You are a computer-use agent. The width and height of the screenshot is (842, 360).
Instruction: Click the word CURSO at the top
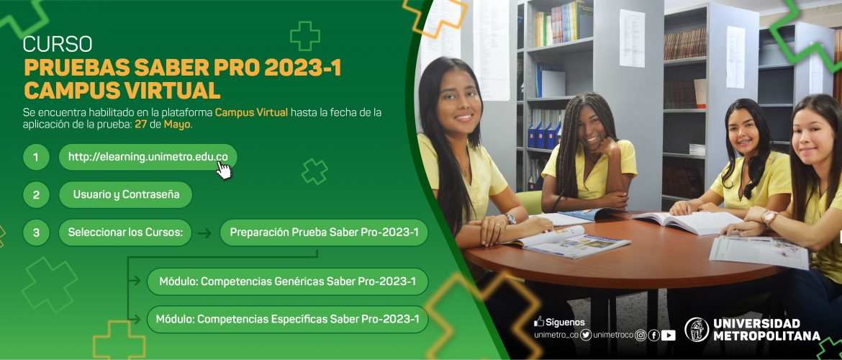point(58,44)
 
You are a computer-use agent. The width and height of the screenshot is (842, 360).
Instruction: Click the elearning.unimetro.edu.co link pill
point(148,157)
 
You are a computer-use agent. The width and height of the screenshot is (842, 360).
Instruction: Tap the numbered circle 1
point(36,158)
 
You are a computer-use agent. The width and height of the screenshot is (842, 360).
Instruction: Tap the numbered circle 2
point(36,195)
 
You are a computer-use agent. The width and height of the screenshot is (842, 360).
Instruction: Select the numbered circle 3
point(36,233)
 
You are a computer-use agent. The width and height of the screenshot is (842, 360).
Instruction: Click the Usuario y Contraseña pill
point(126,195)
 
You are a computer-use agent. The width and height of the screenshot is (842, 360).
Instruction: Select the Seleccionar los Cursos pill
point(125,233)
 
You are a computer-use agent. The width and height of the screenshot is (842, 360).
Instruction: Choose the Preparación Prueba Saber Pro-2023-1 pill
point(324,233)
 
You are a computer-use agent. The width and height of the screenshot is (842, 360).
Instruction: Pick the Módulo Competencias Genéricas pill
point(287,282)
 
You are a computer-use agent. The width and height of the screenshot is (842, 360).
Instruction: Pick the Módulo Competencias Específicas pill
point(287,319)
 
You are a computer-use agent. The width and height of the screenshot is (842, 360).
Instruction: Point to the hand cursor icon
point(223,171)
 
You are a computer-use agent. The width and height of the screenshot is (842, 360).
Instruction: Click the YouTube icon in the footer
point(668,336)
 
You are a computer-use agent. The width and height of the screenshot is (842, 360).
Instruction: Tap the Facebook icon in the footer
point(653,336)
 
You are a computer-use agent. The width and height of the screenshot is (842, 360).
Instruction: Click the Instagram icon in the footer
point(640,336)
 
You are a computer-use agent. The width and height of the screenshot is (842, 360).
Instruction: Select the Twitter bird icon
point(586,336)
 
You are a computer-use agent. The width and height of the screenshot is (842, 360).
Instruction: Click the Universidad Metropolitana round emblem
point(697,329)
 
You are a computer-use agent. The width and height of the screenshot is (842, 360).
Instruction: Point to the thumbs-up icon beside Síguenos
point(538,321)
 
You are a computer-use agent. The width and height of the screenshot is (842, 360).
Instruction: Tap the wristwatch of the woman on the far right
point(769,217)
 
